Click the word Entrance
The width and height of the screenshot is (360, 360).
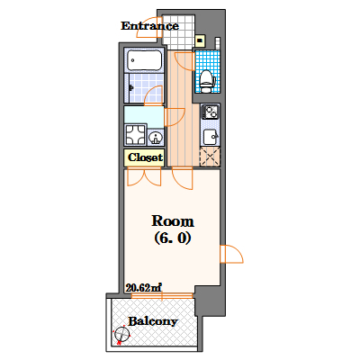149,26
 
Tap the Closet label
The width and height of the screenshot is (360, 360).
145,157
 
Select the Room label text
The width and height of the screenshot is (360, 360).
173,221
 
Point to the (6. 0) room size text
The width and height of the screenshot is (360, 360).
173,238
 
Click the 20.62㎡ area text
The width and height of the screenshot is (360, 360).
144,288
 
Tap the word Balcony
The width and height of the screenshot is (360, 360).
153,321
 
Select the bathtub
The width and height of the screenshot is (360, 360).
145,60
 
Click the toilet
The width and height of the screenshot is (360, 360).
206,81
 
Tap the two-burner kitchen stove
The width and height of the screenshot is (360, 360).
210,112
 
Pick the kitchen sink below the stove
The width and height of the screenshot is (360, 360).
211,137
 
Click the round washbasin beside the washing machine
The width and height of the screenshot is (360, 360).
156,138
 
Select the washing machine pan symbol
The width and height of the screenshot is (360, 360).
136,135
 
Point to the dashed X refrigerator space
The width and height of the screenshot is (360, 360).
210,156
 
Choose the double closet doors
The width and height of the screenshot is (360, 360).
144,177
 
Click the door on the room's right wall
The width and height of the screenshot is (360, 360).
231,254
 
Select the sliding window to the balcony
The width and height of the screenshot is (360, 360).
162,296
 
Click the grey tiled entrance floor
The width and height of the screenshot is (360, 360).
178,32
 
